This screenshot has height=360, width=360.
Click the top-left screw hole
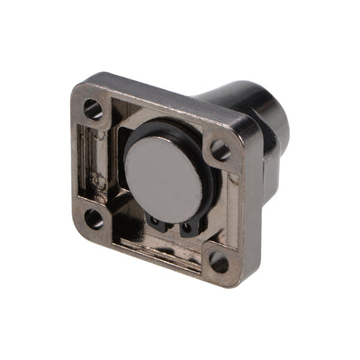[94, 110]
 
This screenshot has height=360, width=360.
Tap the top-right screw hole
[220, 151]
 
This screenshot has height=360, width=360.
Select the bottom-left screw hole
[94, 217]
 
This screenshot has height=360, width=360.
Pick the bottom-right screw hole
[218, 263]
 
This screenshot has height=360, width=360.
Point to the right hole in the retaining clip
[186, 230]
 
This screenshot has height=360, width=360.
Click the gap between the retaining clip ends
[172, 229]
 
